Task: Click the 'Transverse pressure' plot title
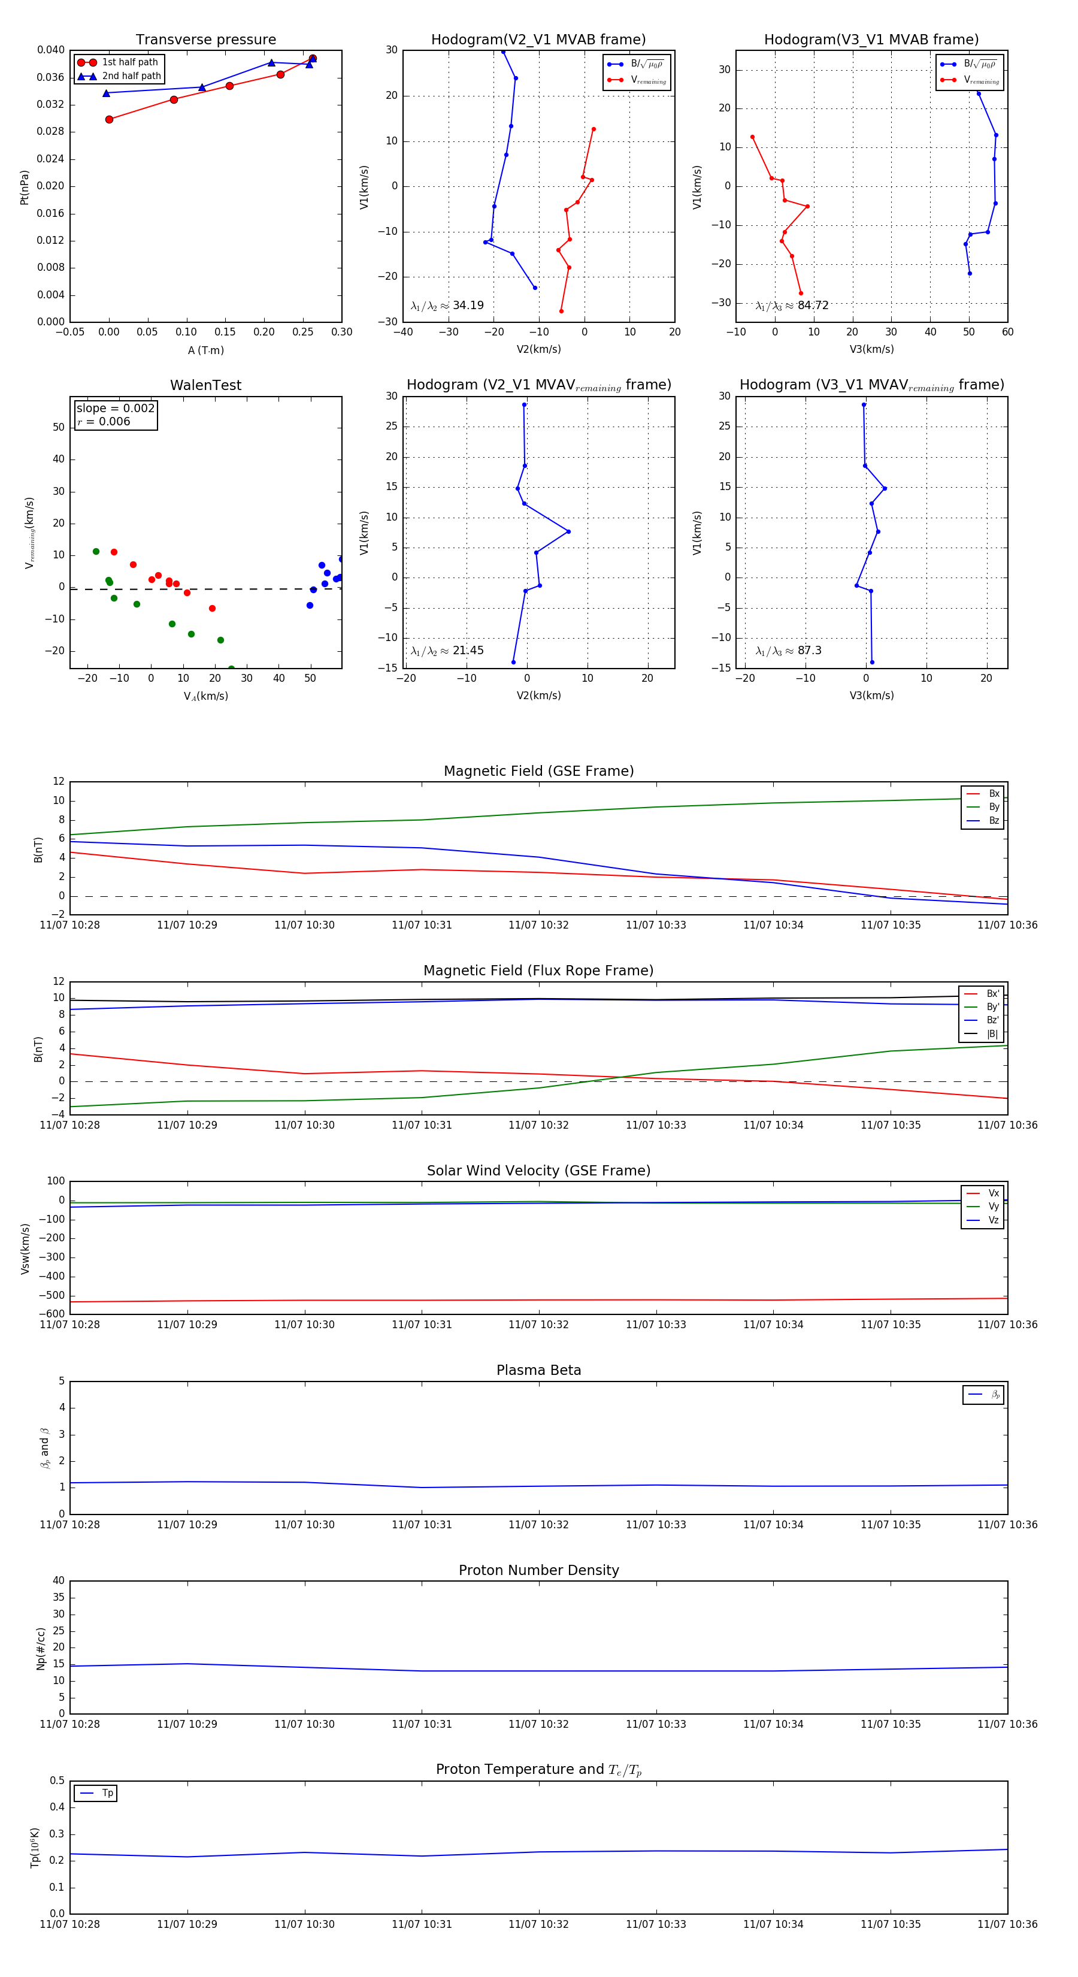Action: [205, 40]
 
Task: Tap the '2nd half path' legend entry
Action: [131, 76]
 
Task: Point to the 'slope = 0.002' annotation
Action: [115, 409]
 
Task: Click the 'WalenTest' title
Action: [205, 385]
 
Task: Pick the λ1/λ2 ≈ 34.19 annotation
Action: [447, 306]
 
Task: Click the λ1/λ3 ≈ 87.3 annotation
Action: [789, 651]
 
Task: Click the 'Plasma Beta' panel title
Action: [538, 1371]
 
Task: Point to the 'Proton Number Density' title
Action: [538, 1570]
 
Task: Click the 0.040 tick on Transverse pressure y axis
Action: [51, 50]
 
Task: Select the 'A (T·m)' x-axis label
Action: [205, 350]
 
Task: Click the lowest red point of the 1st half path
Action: [109, 119]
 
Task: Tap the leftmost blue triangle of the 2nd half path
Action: [107, 93]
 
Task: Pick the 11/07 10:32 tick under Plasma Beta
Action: [538, 1525]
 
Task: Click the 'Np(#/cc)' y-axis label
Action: [41, 1649]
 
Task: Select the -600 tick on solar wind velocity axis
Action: [54, 1314]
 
